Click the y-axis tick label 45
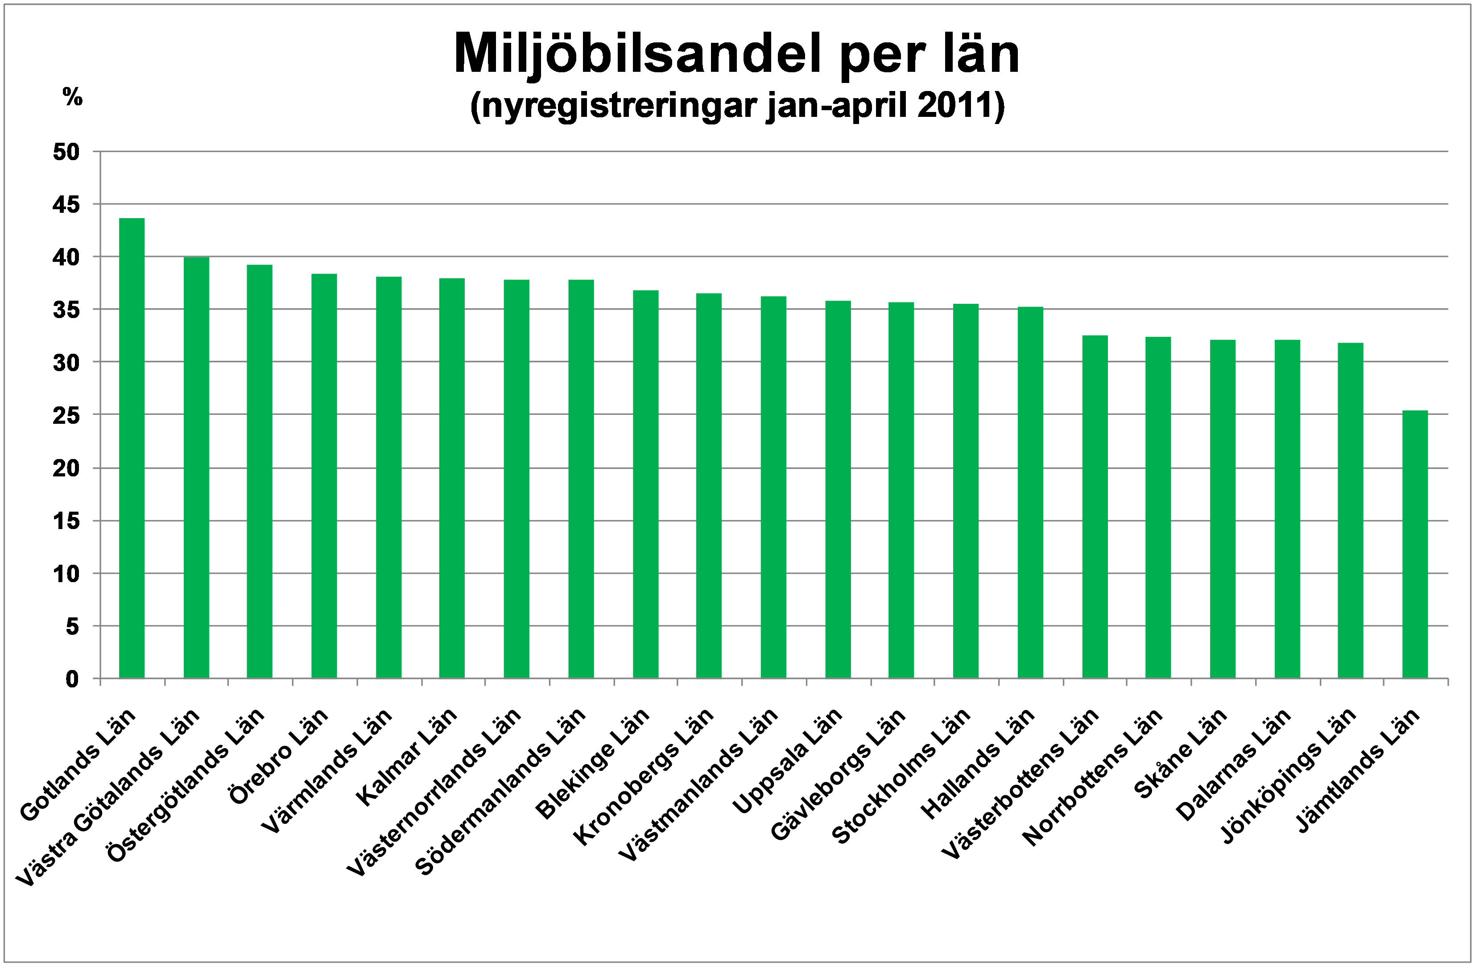click(x=66, y=204)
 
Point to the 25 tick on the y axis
click(x=66, y=415)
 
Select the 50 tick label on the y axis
click(x=66, y=152)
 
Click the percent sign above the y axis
click(x=73, y=97)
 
